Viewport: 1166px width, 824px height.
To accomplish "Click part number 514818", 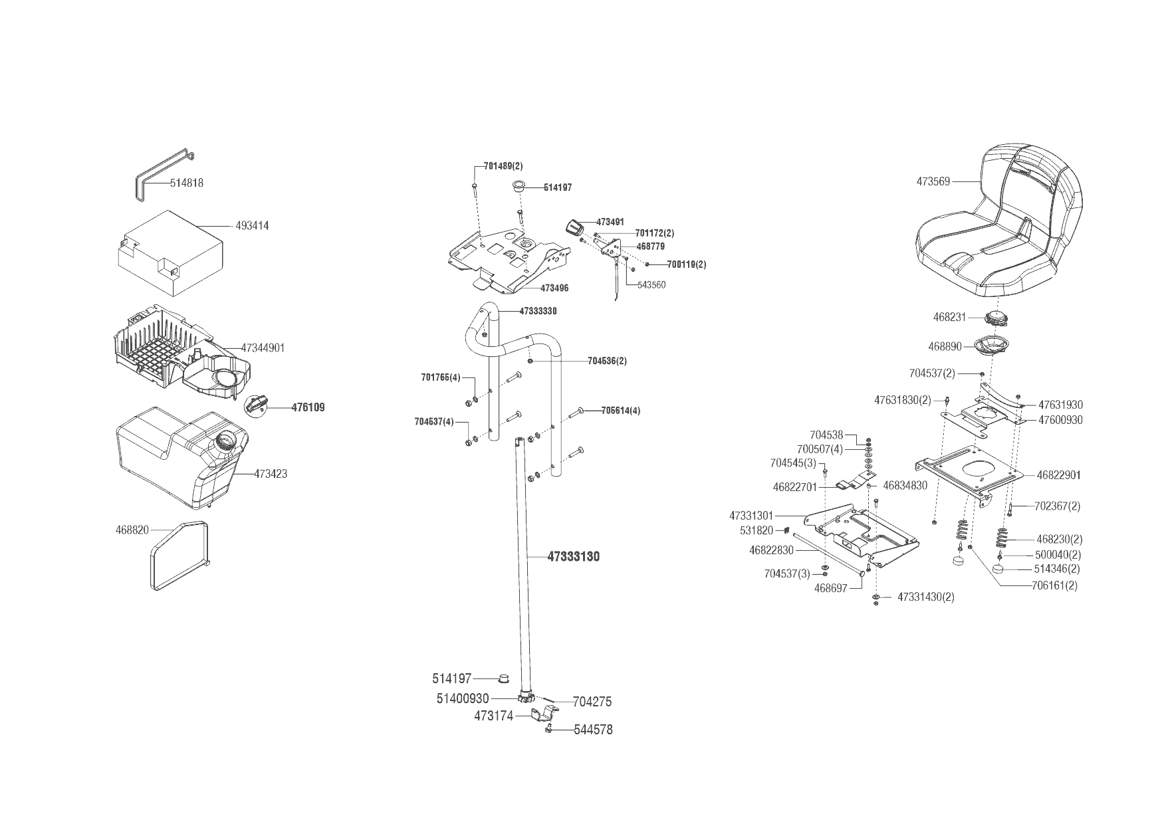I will pyautogui.click(x=187, y=183).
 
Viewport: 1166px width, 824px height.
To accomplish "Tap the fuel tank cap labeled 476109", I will pyautogui.click(x=257, y=403).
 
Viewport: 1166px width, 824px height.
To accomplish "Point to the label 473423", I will pyautogui.click(x=271, y=474).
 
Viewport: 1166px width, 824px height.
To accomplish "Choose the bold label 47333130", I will pyautogui.click(x=573, y=557).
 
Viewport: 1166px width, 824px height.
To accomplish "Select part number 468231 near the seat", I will pyautogui.click(x=949, y=318).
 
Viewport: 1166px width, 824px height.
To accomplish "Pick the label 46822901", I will pyautogui.click(x=1059, y=475).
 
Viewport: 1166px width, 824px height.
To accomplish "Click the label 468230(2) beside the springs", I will pyautogui.click(x=1059, y=540).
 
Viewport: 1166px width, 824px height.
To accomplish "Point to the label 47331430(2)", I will pyautogui.click(x=925, y=597).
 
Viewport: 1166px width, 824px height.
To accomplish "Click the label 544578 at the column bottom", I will pyautogui.click(x=593, y=730).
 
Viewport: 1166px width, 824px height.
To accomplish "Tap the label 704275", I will pyautogui.click(x=592, y=702).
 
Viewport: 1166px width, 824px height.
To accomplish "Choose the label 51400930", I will pyautogui.click(x=463, y=699).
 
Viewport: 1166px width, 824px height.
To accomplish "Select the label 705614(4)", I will pyautogui.click(x=621, y=411).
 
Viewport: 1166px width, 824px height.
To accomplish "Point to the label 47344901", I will pyautogui.click(x=263, y=348).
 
